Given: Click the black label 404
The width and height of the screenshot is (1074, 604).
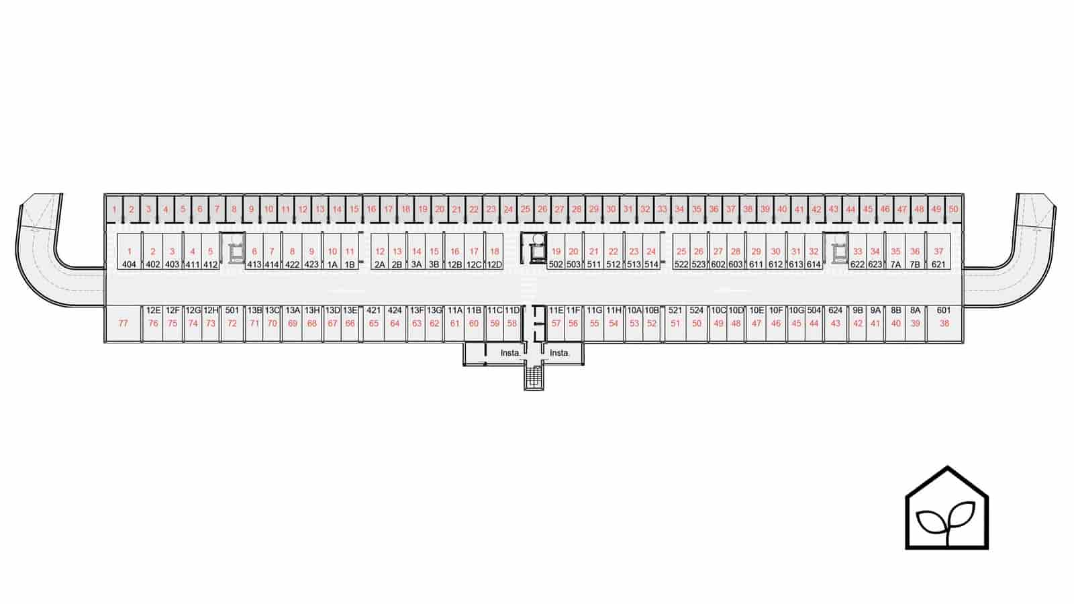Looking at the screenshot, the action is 129,264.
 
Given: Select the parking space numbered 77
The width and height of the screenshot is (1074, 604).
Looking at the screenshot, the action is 124,323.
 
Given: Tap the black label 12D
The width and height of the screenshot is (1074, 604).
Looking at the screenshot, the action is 494,264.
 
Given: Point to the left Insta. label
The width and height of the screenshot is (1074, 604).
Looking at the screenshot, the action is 510,353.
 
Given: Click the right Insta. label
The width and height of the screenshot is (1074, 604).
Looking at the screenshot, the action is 560,353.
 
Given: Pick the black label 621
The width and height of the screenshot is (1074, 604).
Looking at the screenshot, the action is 938,264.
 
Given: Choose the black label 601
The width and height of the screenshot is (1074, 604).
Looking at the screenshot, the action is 944,310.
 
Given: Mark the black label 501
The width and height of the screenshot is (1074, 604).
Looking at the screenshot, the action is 232,310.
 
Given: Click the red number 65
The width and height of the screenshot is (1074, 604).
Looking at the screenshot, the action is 373,323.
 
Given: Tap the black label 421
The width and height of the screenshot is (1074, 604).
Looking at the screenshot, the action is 373,310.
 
